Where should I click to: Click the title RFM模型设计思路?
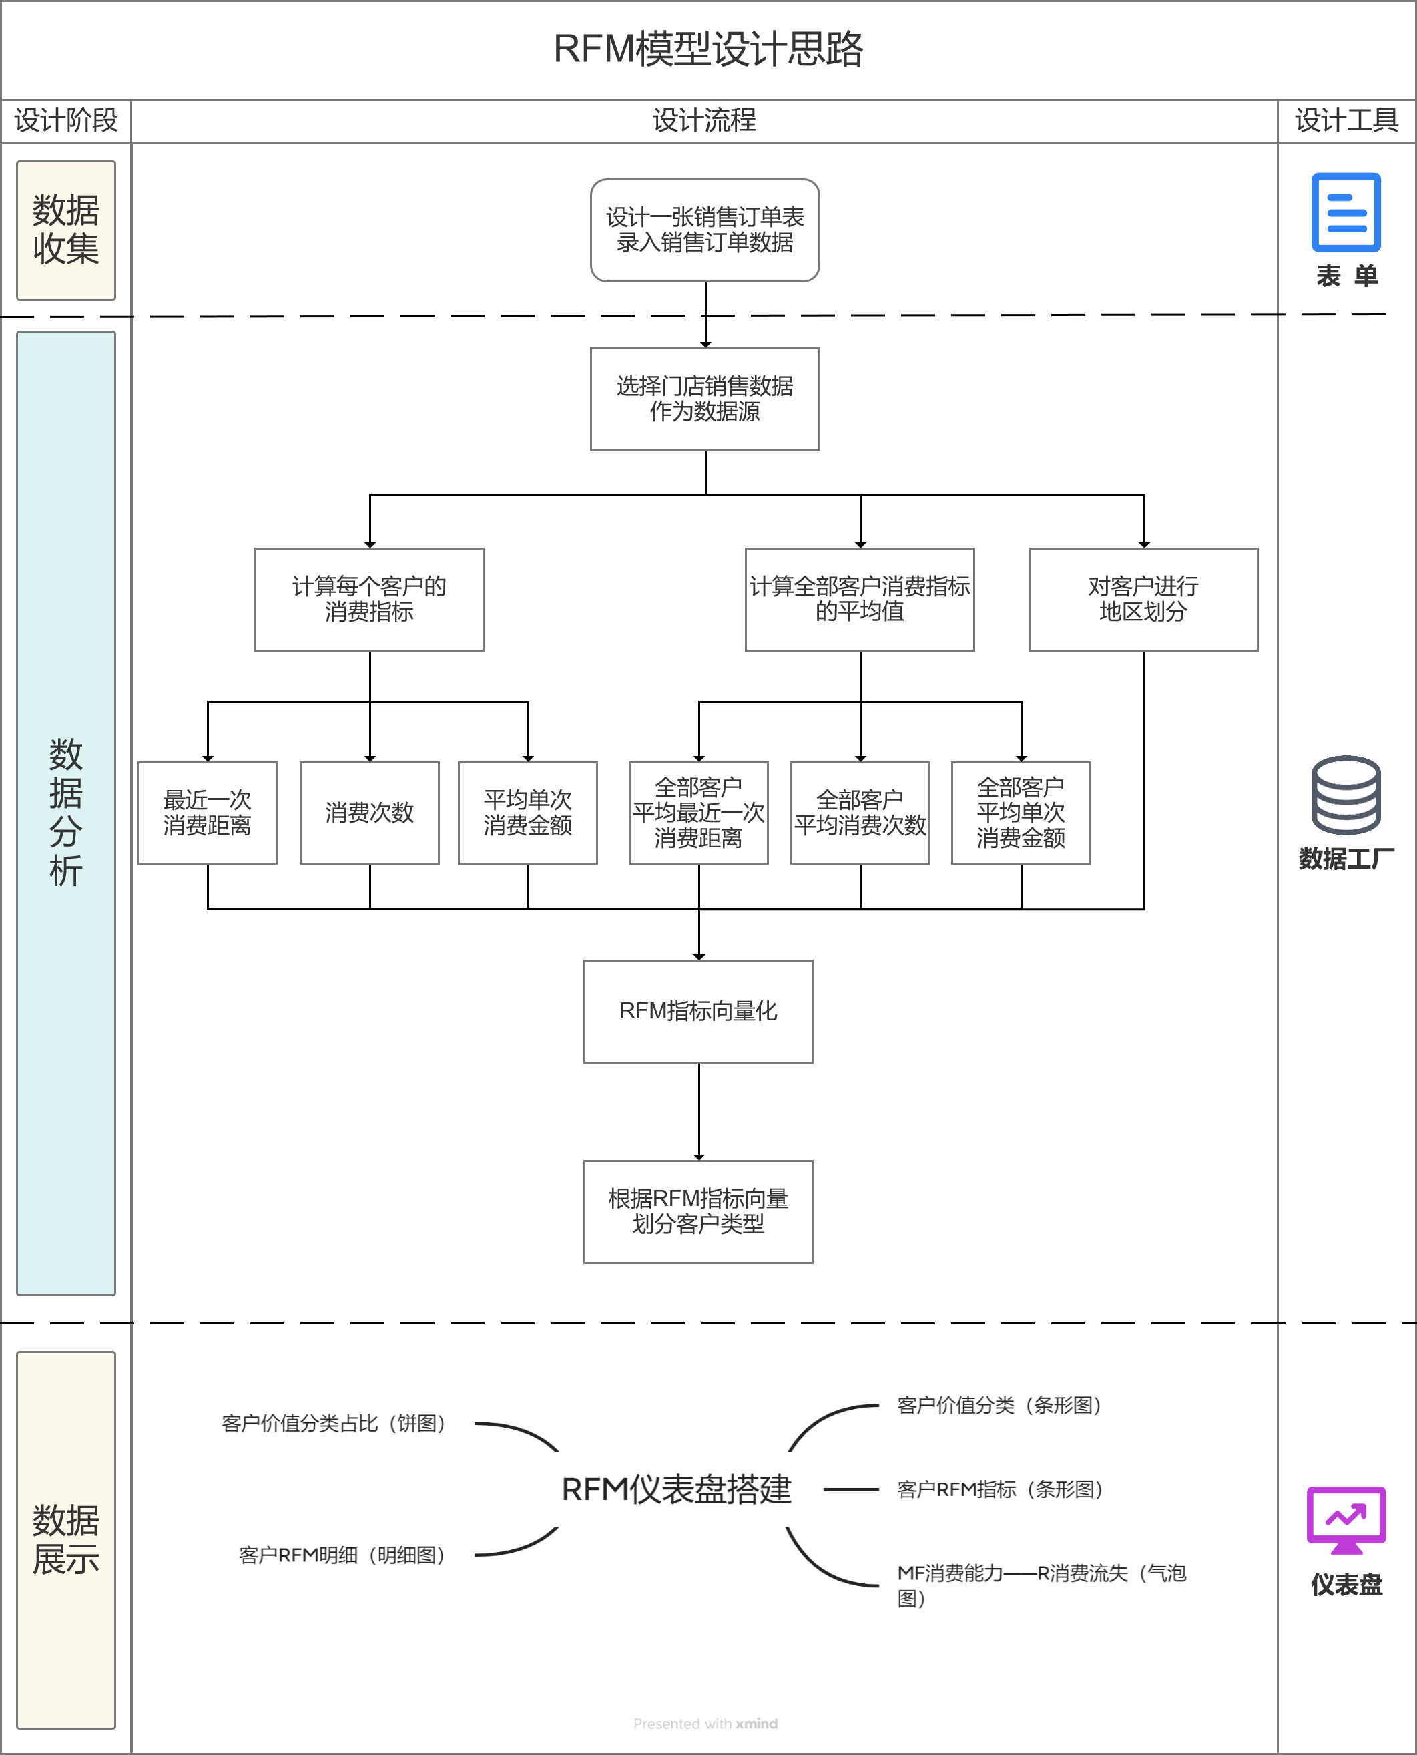pos(707,49)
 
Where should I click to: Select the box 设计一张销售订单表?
pos(704,230)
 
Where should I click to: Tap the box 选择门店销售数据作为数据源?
pos(704,399)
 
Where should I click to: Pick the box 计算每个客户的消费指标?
pos(369,598)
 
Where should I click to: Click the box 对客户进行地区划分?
pos(1143,598)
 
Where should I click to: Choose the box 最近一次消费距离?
pos(208,813)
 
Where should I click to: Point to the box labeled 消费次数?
pos(369,813)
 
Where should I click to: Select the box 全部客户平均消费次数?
pos(860,813)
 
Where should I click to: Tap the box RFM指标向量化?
pos(698,1011)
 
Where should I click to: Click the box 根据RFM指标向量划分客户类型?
pos(698,1211)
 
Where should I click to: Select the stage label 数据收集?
pos(66,230)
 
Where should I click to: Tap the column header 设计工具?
pos(1346,121)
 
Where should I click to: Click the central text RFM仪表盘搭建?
pos(676,1489)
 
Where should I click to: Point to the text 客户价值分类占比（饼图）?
pos(334,1424)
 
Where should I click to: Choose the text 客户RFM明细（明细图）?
pos(342,1555)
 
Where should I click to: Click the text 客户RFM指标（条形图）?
pos(1001,1489)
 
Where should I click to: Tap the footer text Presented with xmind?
pos(705,1723)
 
